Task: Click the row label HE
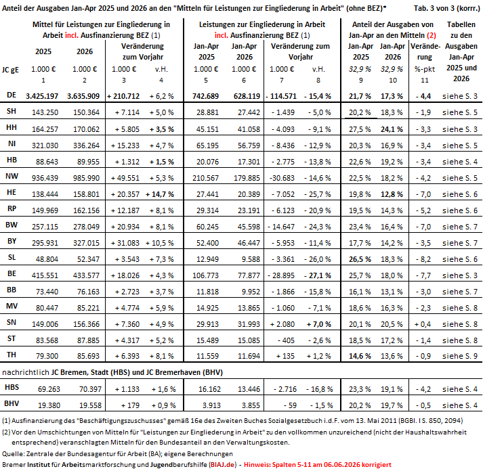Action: [x=12, y=193]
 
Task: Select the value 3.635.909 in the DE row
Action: [x=83, y=96]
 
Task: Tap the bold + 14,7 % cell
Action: [x=160, y=194]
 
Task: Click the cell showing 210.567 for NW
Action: [x=205, y=178]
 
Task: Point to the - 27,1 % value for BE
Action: [x=318, y=275]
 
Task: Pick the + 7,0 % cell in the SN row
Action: [x=319, y=324]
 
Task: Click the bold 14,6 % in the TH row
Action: [x=360, y=356]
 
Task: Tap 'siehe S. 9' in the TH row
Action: [x=460, y=356]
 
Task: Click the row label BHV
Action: [x=12, y=403]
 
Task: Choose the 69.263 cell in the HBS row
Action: [x=49, y=389]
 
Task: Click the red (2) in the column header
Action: [x=432, y=35]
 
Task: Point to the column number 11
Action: [x=425, y=81]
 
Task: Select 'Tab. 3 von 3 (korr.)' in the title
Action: [x=447, y=8]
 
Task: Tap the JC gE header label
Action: [x=10, y=70]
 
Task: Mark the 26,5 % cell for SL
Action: [x=360, y=259]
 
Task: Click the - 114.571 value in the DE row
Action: [x=281, y=96]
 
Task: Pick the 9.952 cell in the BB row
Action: [x=251, y=292]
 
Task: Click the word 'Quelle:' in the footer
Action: [x=14, y=454]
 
